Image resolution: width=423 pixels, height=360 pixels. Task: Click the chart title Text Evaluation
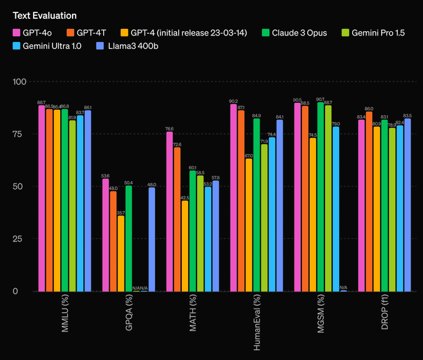[x=45, y=15]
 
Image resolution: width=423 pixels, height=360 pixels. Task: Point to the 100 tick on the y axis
[x=19, y=81]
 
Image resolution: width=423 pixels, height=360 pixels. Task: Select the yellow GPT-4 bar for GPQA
[x=121, y=253]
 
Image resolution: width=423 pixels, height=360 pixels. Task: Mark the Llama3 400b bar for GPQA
[x=152, y=239]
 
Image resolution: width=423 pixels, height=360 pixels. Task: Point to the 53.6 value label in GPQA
[x=106, y=176]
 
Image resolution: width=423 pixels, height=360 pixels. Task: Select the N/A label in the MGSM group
[x=343, y=287]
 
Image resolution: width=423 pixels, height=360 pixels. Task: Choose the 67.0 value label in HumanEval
[x=249, y=156]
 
